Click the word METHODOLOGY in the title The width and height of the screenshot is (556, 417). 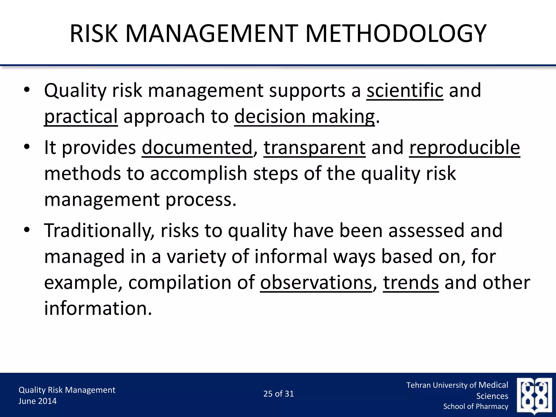(x=396, y=34)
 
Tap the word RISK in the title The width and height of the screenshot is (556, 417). (x=94, y=34)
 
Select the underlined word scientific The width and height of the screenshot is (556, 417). (x=405, y=90)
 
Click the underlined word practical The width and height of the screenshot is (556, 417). (x=81, y=116)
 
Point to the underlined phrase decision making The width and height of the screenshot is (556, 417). (x=304, y=116)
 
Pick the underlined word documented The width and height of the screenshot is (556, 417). (x=197, y=148)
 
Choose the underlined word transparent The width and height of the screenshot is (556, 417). (x=314, y=148)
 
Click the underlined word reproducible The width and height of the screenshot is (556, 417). (x=465, y=148)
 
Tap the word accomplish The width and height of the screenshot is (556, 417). (x=198, y=174)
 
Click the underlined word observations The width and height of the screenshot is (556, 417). (x=316, y=283)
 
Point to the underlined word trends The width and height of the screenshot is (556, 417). (x=411, y=283)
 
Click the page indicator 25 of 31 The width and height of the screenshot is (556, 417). (x=279, y=394)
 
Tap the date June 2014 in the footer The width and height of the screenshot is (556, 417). (x=37, y=401)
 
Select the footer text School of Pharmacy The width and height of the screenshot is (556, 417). (x=476, y=406)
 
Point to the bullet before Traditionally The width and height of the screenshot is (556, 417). (x=26, y=230)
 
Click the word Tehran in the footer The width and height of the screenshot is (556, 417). (x=418, y=385)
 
